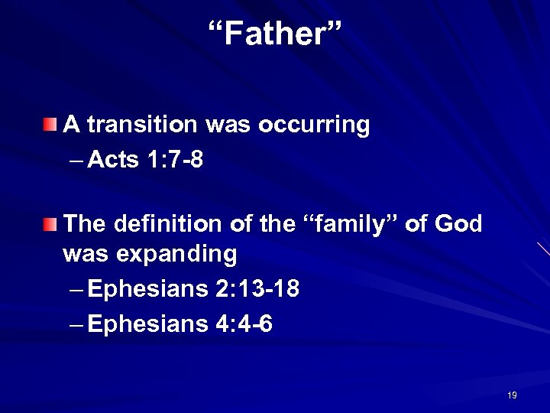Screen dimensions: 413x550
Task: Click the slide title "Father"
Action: pyautogui.click(x=276, y=33)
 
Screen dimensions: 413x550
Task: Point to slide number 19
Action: pyautogui.click(x=512, y=395)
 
